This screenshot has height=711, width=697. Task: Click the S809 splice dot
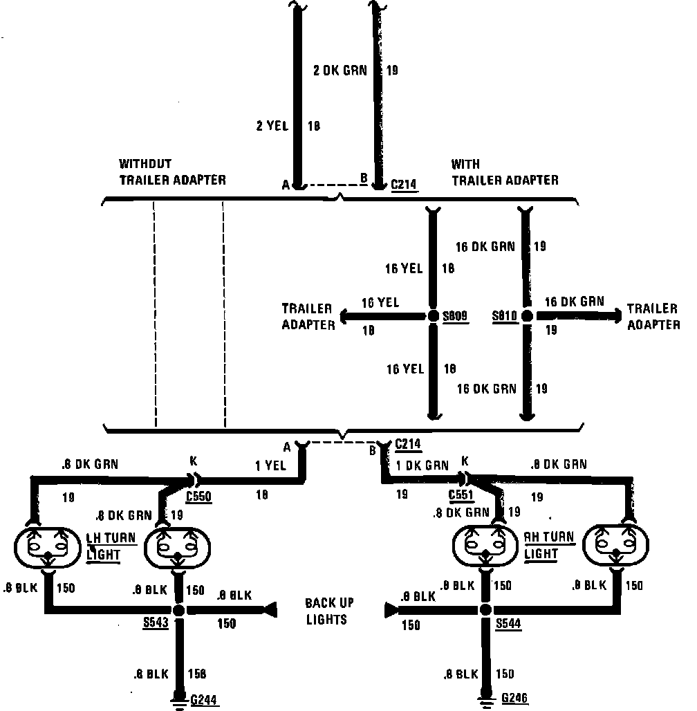click(433, 316)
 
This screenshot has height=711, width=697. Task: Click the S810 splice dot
click(527, 316)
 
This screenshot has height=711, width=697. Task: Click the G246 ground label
click(515, 698)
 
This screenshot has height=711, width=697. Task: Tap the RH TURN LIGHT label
click(550, 546)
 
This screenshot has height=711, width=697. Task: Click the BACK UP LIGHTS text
click(326, 611)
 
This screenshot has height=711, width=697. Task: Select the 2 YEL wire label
click(272, 126)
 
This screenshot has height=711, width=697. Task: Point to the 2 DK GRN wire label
click(340, 70)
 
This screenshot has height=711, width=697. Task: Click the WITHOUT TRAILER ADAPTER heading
click(172, 172)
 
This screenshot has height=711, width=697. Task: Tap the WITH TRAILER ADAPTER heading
click(504, 172)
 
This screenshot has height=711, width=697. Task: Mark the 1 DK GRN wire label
click(422, 465)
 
